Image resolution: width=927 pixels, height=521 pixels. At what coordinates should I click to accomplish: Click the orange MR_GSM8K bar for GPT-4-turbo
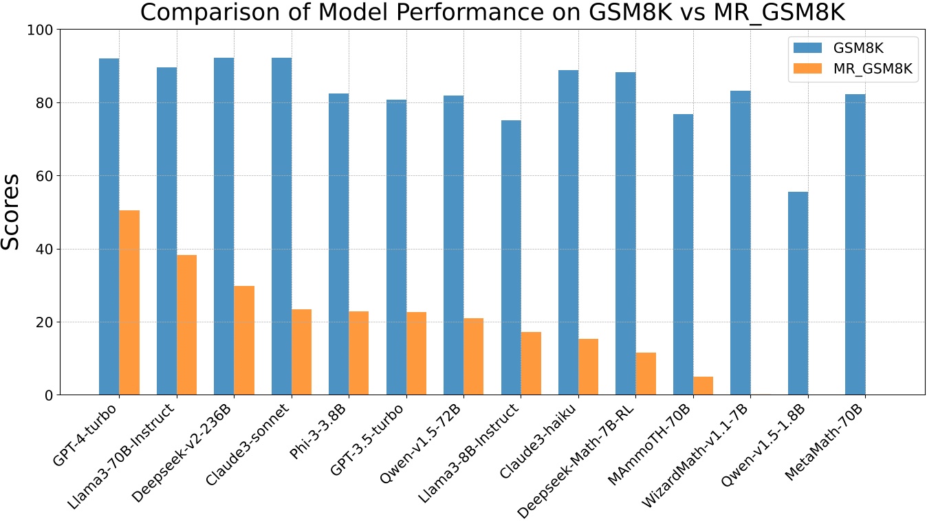[x=129, y=302]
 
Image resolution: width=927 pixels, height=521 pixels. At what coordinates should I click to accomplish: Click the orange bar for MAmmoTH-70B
[x=703, y=386]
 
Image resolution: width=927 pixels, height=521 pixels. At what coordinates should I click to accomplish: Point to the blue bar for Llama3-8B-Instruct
[x=511, y=258]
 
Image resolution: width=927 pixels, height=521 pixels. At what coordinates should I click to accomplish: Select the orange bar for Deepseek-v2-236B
[x=244, y=340]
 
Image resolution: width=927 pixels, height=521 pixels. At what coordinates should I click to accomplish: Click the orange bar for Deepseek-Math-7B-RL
[x=646, y=374]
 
